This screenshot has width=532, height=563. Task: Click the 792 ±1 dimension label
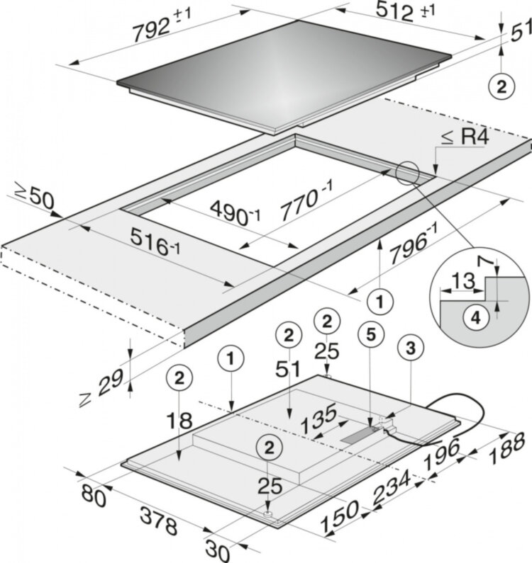[x=162, y=25]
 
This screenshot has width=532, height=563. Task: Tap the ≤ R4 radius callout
[x=465, y=137]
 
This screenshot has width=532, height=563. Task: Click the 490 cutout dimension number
[x=235, y=214]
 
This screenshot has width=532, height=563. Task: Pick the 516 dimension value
[x=155, y=241]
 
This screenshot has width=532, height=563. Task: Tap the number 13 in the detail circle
[x=463, y=281]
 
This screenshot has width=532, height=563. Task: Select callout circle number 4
[x=475, y=318]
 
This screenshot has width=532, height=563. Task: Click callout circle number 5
[x=371, y=335]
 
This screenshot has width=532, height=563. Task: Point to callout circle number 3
[x=411, y=348]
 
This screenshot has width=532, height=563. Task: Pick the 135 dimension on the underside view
[x=318, y=419]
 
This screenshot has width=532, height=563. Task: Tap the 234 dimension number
[x=392, y=488]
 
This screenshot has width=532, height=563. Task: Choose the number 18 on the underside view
[x=179, y=421]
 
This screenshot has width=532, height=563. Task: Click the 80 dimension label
[x=94, y=496]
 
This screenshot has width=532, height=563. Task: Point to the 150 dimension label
[x=340, y=516]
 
